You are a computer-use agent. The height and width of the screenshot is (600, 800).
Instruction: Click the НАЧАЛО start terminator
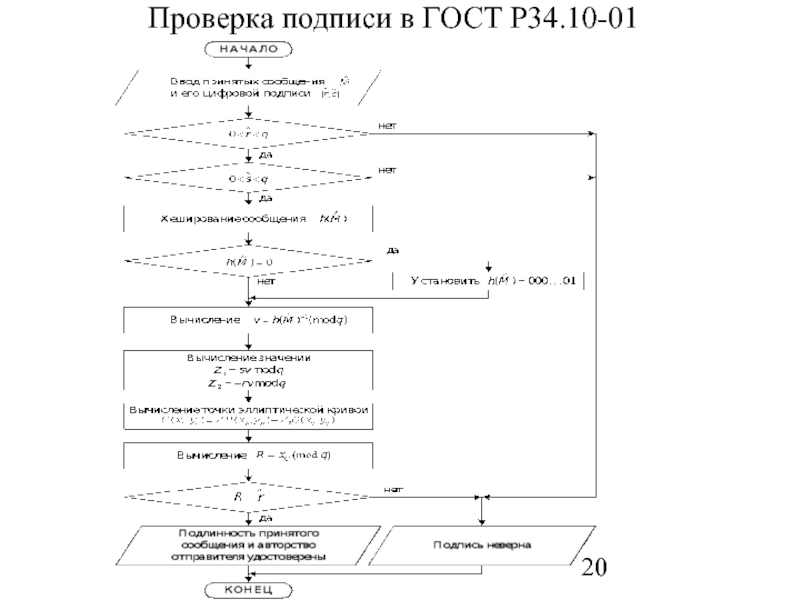(248, 47)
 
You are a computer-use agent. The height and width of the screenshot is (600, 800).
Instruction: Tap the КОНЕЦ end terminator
(248, 590)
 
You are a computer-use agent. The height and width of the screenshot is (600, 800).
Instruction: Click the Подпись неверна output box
(482, 545)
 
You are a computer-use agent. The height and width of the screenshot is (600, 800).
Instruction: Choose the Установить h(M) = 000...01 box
(489, 281)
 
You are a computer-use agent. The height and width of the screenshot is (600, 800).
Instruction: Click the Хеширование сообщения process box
(248, 218)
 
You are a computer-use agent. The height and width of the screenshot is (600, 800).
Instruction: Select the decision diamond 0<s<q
(248, 179)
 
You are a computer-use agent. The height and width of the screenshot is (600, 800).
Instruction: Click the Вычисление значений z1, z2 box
(248, 370)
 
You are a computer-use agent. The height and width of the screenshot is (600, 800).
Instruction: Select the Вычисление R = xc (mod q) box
(248, 455)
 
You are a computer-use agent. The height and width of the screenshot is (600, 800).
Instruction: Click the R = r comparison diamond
(248, 496)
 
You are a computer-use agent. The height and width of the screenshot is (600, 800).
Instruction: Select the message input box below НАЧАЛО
(248, 86)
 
